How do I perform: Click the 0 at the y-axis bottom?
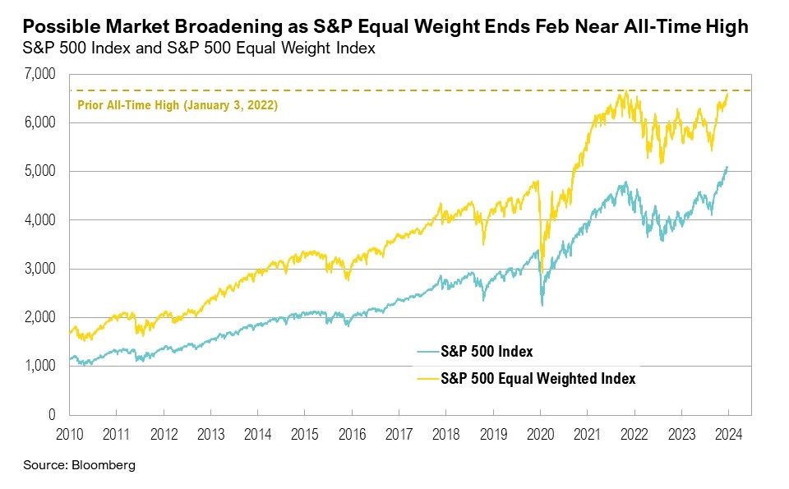[x=52, y=414]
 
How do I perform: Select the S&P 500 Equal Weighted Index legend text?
[x=538, y=379]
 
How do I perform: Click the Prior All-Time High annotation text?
[x=177, y=105]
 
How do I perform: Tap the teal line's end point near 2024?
[x=727, y=167]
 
